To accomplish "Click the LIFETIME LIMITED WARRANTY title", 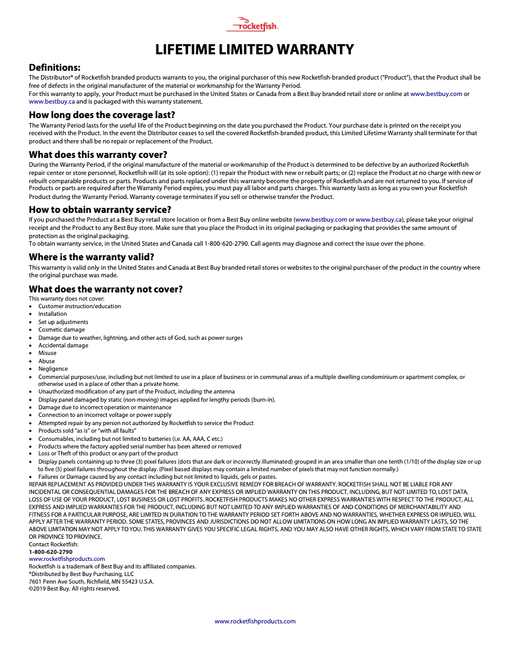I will tap(255, 49).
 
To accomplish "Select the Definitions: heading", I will tap(55, 67).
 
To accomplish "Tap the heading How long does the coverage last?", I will tap(93, 115).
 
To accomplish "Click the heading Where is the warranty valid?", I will tap(91, 257).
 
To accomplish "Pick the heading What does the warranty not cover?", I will tap(106, 289).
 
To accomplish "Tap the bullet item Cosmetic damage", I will tap(61, 330).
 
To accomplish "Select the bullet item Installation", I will tap(52, 314).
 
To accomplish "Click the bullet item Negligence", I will tap(53, 369).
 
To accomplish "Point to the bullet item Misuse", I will tap(47, 353).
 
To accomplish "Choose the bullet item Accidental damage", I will tap(63, 346).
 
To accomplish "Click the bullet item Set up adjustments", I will tap(63, 322).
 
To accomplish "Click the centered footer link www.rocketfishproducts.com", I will tap(255, 621).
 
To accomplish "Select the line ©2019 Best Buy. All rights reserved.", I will tap(74, 589).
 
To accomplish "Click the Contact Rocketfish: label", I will tap(54, 544).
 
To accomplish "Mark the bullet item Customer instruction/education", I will tap(79, 306).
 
